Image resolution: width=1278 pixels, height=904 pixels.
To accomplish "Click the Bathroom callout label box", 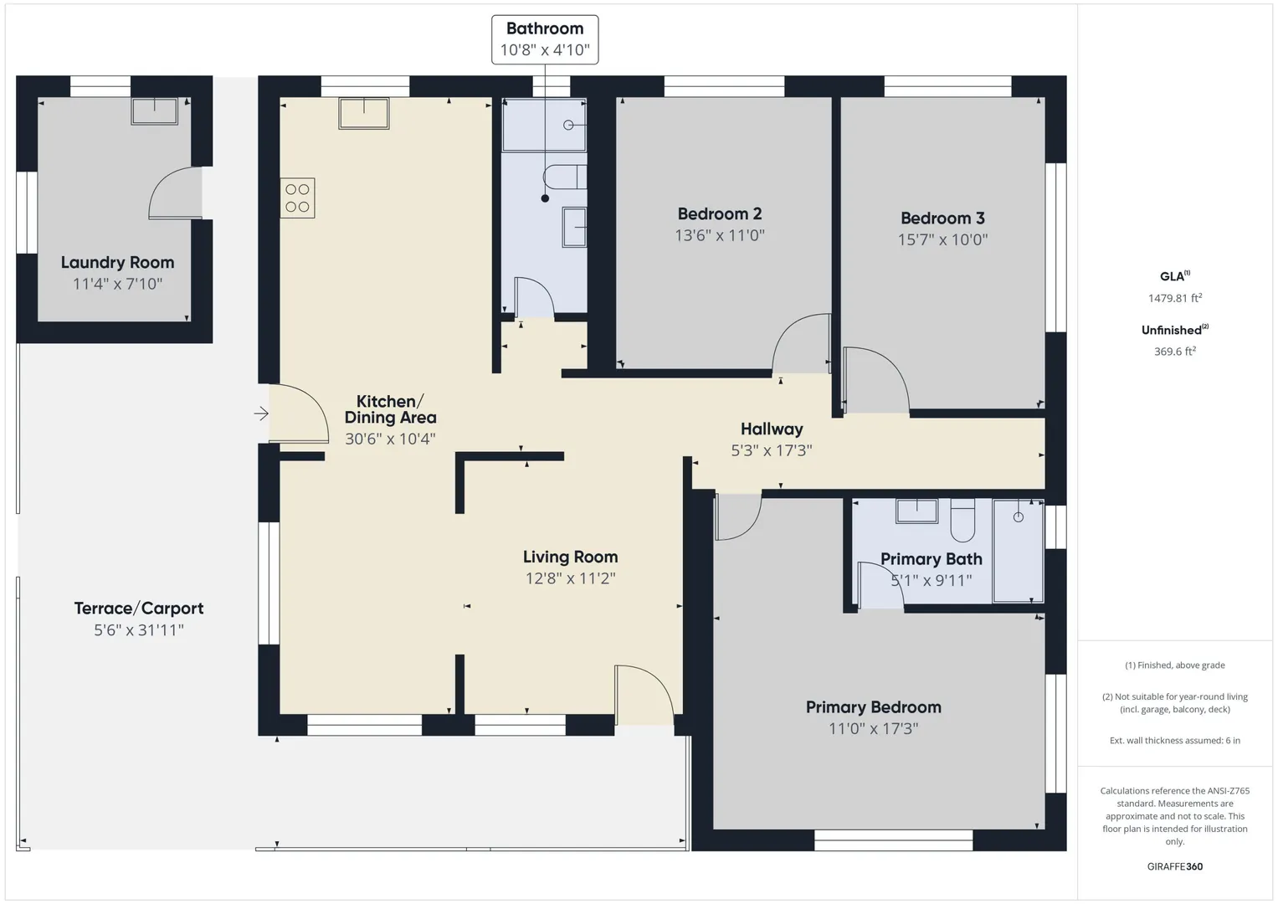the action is click(x=545, y=39).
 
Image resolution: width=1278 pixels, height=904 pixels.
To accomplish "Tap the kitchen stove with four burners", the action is click(x=297, y=198).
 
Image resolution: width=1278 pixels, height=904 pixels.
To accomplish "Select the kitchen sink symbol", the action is click(x=364, y=113).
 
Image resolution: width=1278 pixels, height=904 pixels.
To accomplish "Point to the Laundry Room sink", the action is click(x=155, y=110).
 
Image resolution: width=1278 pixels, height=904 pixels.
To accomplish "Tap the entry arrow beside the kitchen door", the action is click(x=261, y=413).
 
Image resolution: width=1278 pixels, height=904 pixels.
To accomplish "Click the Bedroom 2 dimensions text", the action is click(x=720, y=235).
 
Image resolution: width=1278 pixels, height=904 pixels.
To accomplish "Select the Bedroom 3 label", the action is click(x=942, y=218).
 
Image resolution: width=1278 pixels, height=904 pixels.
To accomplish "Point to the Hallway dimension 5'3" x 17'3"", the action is click(x=772, y=450).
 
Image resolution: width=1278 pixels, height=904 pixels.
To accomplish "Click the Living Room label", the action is click(x=571, y=557).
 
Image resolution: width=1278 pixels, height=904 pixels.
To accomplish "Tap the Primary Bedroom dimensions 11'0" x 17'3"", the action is click(x=873, y=728).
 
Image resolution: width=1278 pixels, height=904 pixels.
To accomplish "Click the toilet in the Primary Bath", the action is click(x=962, y=520).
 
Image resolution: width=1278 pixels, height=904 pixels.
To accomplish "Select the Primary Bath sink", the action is click(x=916, y=511).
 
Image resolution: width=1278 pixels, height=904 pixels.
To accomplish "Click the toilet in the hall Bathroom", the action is click(x=564, y=177).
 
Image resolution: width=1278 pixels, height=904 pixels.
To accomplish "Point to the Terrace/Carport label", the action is click(x=139, y=609).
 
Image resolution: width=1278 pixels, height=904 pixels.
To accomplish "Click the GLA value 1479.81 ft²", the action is click(x=1175, y=298).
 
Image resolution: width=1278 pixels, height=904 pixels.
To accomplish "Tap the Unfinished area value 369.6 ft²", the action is click(x=1175, y=351).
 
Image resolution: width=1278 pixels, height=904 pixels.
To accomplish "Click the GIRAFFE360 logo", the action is click(x=1175, y=866).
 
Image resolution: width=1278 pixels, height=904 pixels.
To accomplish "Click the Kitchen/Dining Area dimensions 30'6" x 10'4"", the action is click(x=390, y=439).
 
